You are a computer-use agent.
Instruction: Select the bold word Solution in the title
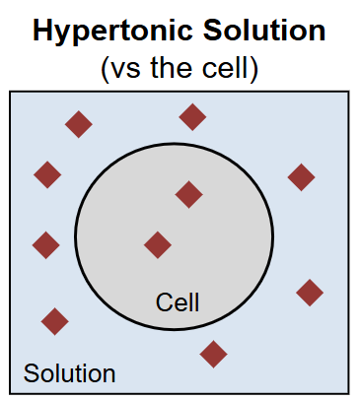click(264, 30)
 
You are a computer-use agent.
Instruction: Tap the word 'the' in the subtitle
click(171, 67)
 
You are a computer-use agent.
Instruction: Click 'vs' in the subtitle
click(126, 70)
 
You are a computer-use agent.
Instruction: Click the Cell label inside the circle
click(178, 302)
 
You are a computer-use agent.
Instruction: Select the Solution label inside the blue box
click(69, 373)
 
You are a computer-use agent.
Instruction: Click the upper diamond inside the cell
click(188, 194)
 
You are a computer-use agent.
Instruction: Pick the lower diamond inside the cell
click(158, 245)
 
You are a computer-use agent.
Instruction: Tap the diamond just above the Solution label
click(55, 321)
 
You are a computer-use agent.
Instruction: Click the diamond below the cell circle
click(213, 354)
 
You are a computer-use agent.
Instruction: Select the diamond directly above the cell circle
click(192, 117)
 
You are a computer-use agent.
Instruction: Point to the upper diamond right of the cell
click(301, 177)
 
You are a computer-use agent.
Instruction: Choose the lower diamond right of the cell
click(310, 293)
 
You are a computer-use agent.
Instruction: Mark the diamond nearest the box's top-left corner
click(79, 124)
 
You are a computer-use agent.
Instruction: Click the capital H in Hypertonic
click(42, 30)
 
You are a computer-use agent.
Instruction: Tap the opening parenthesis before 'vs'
click(106, 69)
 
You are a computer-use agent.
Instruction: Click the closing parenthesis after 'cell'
click(253, 69)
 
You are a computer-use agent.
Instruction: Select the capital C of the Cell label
click(164, 302)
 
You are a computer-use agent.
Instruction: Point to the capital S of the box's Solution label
click(31, 373)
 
